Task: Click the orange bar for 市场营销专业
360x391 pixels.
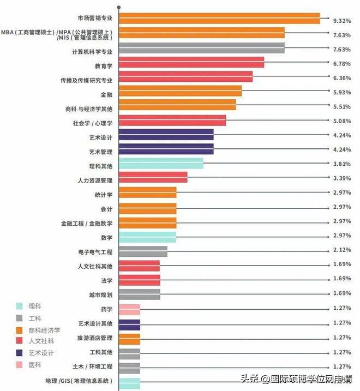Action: point(219,18)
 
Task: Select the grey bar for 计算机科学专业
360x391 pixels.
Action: point(201,48)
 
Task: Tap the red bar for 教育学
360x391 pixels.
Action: point(191,62)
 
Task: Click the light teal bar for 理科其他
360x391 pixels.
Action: point(160,163)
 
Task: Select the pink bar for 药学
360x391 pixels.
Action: point(129,310)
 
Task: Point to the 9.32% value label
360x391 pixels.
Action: point(341,21)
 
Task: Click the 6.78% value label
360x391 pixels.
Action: point(341,63)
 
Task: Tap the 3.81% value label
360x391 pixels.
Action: point(341,164)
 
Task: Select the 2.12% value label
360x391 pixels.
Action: point(341,250)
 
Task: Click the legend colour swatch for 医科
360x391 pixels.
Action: point(20,365)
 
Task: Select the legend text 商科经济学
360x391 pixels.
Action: point(44,330)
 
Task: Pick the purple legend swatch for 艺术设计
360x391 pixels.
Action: point(20,353)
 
